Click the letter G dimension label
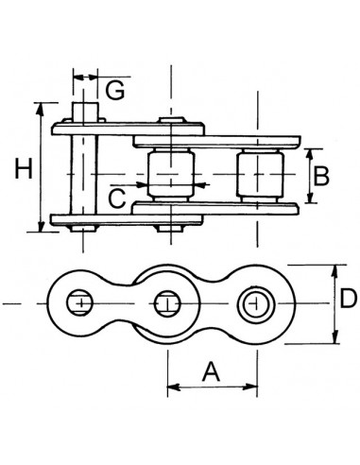pyautogui.click(x=115, y=91)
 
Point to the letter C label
pyautogui.click(x=117, y=198)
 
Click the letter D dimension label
pyautogui.click(x=347, y=300)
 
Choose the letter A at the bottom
pyautogui.click(x=213, y=371)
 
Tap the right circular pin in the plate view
pyautogui.click(x=254, y=302)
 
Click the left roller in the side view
pyautogui.click(x=169, y=175)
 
